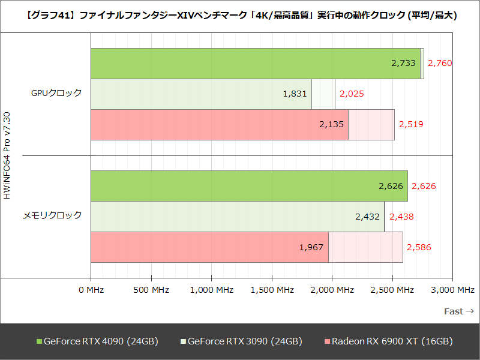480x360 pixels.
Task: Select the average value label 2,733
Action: click(x=403, y=63)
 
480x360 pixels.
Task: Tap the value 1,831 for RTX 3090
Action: click(x=295, y=94)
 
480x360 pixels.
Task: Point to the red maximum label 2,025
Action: click(x=352, y=94)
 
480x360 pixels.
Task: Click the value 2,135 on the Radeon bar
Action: click(x=331, y=125)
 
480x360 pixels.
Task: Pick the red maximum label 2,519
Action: click(x=411, y=125)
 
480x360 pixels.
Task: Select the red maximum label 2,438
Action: click(x=401, y=217)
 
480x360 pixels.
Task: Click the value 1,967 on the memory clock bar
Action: click(x=311, y=247)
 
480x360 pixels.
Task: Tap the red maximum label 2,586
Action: click(x=419, y=247)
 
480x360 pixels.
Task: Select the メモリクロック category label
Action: click(x=52, y=215)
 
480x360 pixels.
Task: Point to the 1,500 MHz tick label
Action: click(x=272, y=290)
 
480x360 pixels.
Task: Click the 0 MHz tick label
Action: click(x=91, y=290)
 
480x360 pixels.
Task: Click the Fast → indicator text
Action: click(x=459, y=311)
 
